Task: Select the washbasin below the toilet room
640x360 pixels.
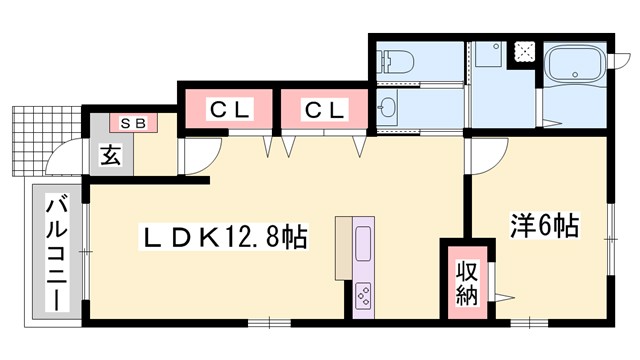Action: click(389, 107)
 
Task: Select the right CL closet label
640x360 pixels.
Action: click(325, 108)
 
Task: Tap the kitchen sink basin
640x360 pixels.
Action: click(363, 243)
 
